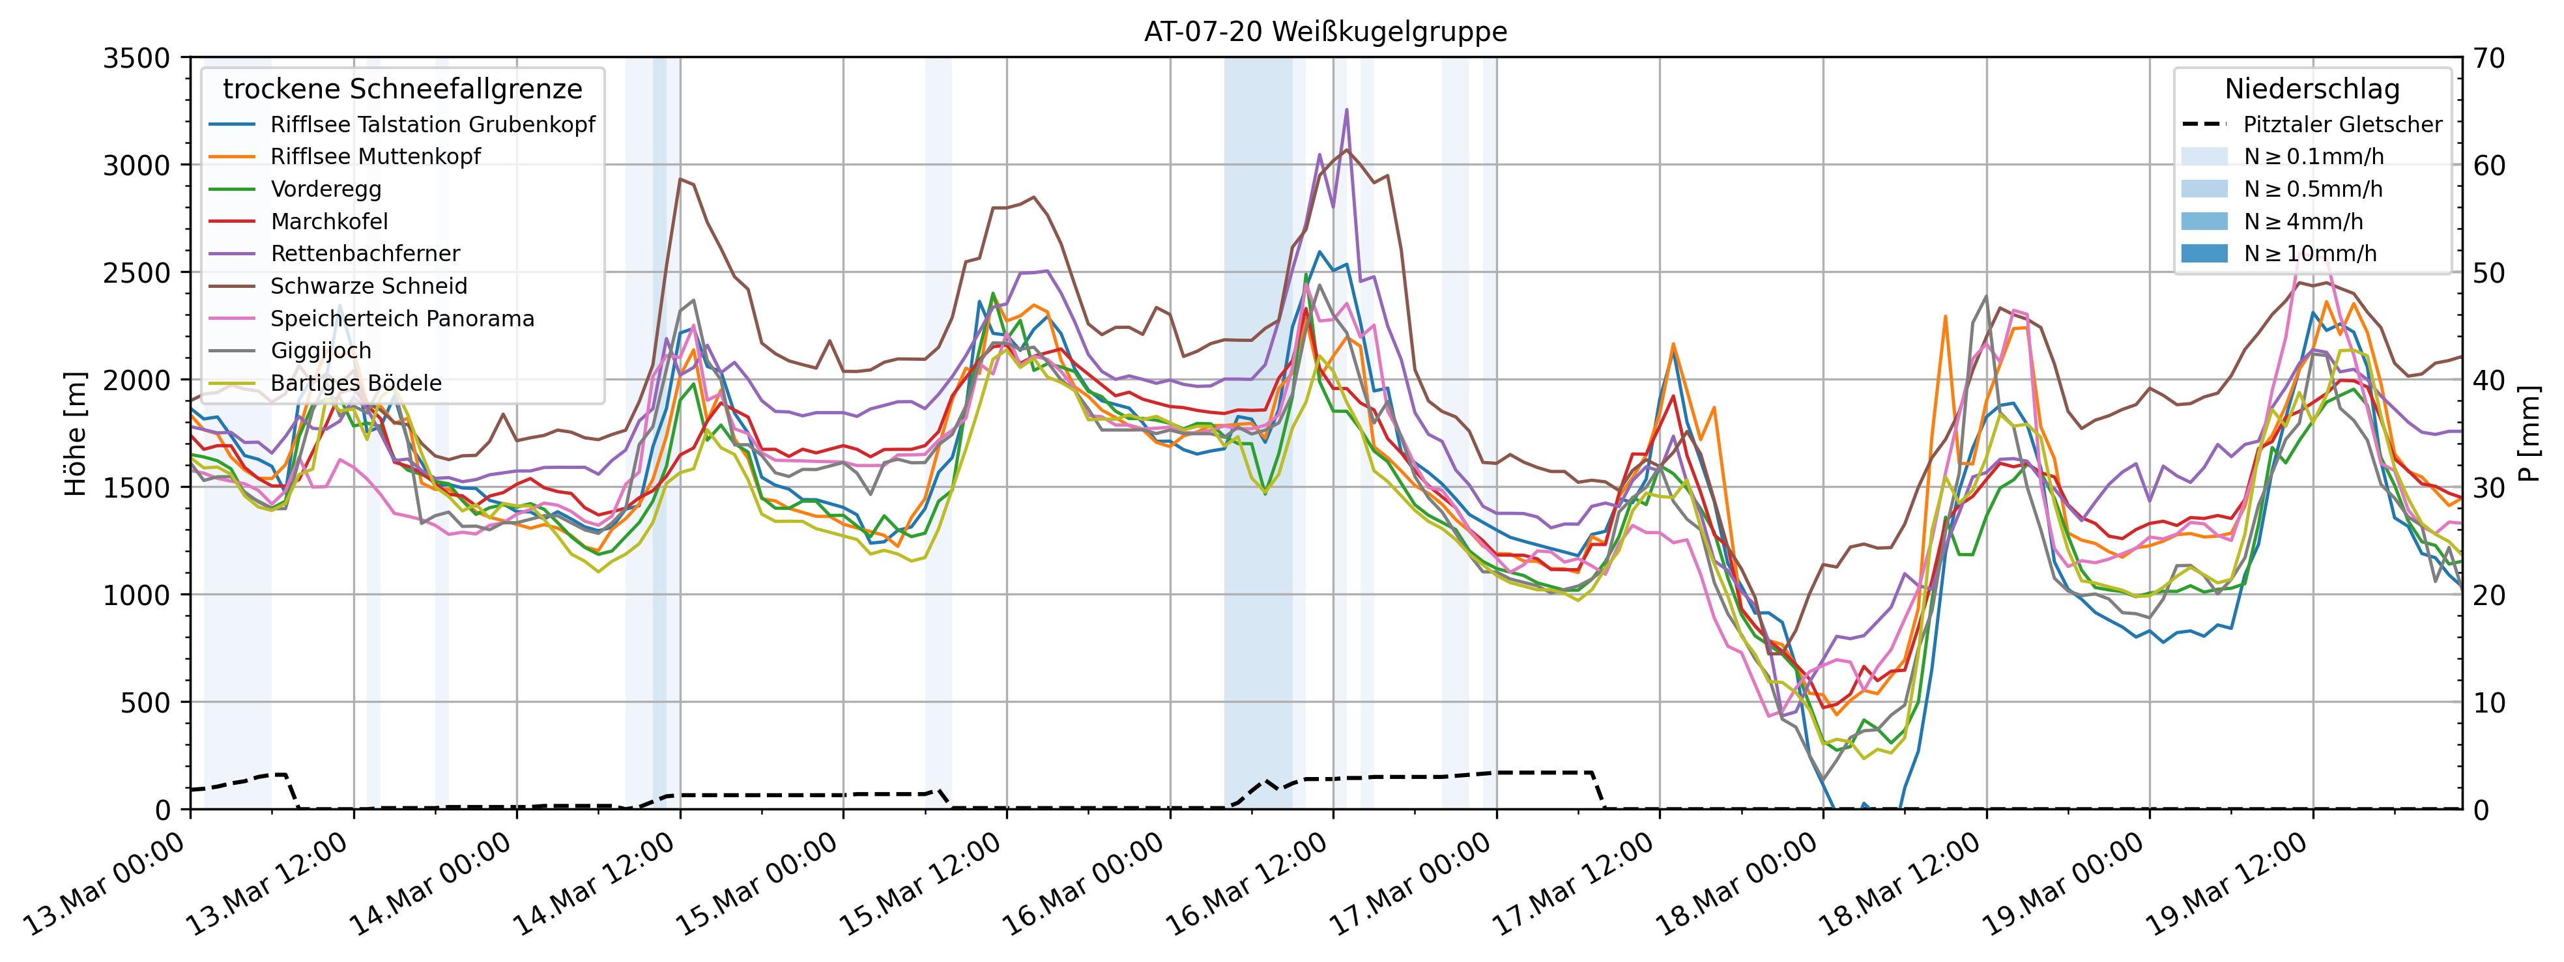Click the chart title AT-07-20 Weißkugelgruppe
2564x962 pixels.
pos(1325,32)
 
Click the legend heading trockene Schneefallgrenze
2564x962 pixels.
pos(402,89)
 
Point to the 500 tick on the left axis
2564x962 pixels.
pos(147,702)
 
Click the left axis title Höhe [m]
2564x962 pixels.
pos(76,434)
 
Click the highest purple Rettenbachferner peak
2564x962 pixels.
pos(1347,109)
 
